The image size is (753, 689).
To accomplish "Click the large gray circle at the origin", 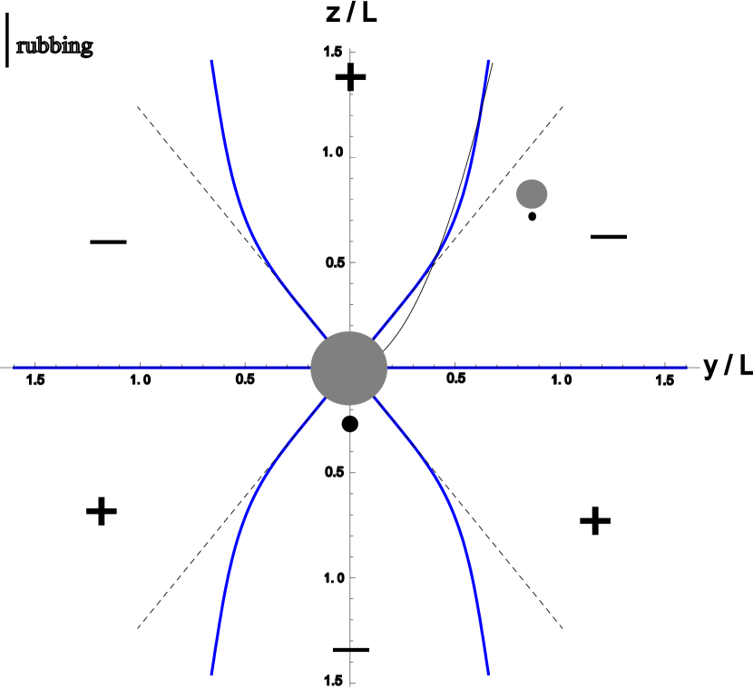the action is click(349, 369).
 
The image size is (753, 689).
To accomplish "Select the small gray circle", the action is click(532, 194).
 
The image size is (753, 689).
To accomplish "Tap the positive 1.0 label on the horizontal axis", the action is click(562, 379).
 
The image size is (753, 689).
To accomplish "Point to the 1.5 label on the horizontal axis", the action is click(665, 379).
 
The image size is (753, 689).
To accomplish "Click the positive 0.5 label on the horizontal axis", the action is click(455, 378).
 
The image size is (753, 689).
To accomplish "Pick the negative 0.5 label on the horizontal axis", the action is click(249, 379).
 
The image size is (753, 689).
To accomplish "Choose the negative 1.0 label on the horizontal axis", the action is click(147, 379).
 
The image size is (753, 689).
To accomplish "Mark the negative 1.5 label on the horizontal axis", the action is click(40, 379).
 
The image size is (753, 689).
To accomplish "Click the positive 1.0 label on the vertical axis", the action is click(337, 153).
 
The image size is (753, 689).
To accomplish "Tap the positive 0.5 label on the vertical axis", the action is click(337, 261).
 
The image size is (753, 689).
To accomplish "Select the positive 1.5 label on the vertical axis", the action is click(337, 52).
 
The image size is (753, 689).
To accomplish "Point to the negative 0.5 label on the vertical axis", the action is click(337, 471).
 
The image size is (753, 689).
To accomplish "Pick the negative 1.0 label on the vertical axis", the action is click(337, 577).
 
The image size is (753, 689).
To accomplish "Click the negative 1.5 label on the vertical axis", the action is click(337, 682).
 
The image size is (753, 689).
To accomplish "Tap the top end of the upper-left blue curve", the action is click(211, 61).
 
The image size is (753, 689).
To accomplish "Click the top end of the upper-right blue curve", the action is click(488, 61).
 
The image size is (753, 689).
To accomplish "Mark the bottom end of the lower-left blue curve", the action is click(211, 674).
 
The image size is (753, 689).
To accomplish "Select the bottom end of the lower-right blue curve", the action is click(488, 674).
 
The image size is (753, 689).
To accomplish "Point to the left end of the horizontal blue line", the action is click(14, 369).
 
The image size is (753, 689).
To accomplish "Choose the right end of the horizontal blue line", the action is click(686, 369).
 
